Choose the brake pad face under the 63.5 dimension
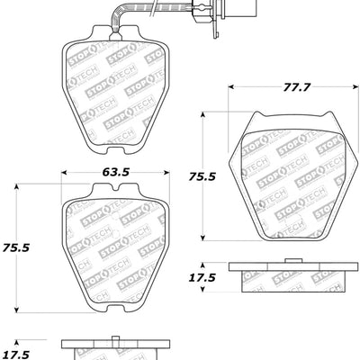114,243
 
